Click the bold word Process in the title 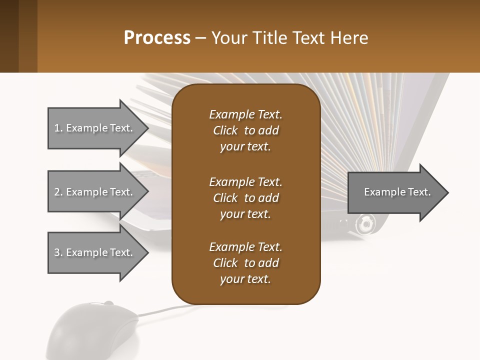pyautogui.click(x=157, y=38)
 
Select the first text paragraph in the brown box pyautogui.click(x=245, y=130)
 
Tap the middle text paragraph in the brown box pyautogui.click(x=245, y=197)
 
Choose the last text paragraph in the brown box pyautogui.click(x=245, y=263)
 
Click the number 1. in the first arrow pyautogui.click(x=58, y=128)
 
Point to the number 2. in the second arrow pyautogui.click(x=58, y=192)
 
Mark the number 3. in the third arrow pyautogui.click(x=58, y=252)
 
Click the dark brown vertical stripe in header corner pyautogui.click(x=9, y=36)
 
